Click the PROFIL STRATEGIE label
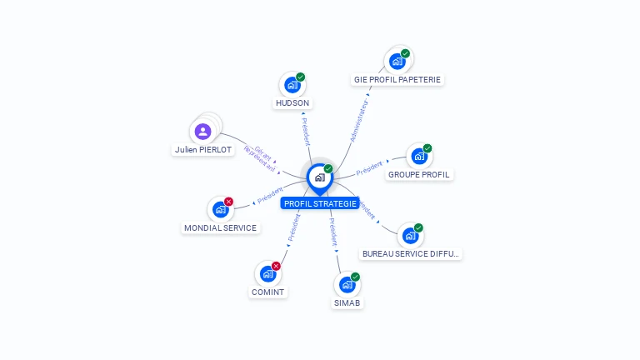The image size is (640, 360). coord(320,203)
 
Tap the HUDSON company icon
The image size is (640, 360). coord(292,85)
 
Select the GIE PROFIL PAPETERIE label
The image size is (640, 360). coord(397,80)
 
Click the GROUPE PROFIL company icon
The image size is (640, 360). coord(419,157)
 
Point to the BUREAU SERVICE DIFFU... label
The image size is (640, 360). coord(410,253)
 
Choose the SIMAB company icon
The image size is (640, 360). coord(347,285)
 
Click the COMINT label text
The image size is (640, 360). coord(267,292)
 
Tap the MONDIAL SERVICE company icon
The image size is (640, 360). coord(220,209)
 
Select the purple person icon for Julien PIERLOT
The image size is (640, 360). coord(202,132)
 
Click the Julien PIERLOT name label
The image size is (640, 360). coord(202,150)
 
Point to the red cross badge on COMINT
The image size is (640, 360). coord(276,266)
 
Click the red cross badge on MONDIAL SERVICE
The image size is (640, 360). coord(228,202)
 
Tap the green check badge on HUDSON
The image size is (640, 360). coord(300,77)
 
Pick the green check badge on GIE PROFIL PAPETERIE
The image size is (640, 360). coord(405,54)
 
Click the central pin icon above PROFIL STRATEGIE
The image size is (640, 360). coord(319,177)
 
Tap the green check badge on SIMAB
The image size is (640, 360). coord(356,277)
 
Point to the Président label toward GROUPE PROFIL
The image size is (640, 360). coord(370,168)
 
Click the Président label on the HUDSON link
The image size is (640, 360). coord(305,132)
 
